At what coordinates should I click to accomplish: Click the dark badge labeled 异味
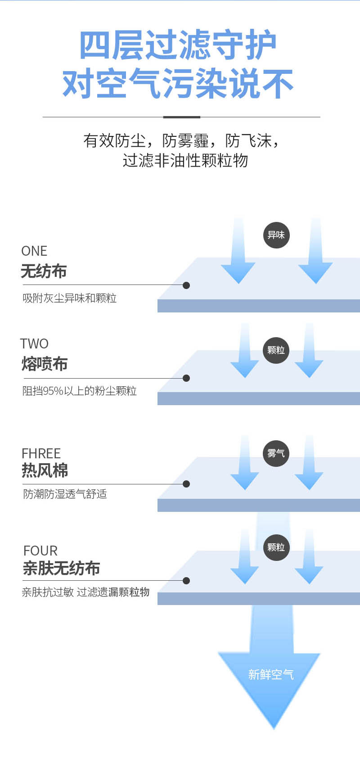coord(276,235)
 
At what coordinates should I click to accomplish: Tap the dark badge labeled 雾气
coord(276,453)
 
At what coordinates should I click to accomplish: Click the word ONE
coord(34,251)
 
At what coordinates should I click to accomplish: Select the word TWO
coord(34,343)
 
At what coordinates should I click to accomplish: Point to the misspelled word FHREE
coord(41,453)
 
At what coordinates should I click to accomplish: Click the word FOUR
coord(40,551)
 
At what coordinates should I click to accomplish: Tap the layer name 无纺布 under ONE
coord(44,271)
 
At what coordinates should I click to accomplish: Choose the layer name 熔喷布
coord(45,364)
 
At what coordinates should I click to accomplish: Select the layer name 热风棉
coord(45,471)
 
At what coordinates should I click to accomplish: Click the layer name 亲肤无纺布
coord(61,568)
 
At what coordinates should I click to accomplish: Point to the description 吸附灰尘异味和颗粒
coord(70,298)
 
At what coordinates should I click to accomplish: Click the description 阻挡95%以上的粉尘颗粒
coord(80,391)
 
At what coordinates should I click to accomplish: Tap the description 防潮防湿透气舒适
coord(65,494)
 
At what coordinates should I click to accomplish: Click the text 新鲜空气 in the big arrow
coord(271,674)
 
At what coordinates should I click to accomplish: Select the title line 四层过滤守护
coord(178,45)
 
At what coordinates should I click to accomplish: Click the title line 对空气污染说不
coord(178,84)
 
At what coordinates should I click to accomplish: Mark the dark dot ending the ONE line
coord(186,285)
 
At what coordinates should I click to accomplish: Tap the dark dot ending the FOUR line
coord(186,581)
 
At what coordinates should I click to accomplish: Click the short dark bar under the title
coord(181,117)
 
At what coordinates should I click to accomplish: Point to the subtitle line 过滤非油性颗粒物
coord(185,161)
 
